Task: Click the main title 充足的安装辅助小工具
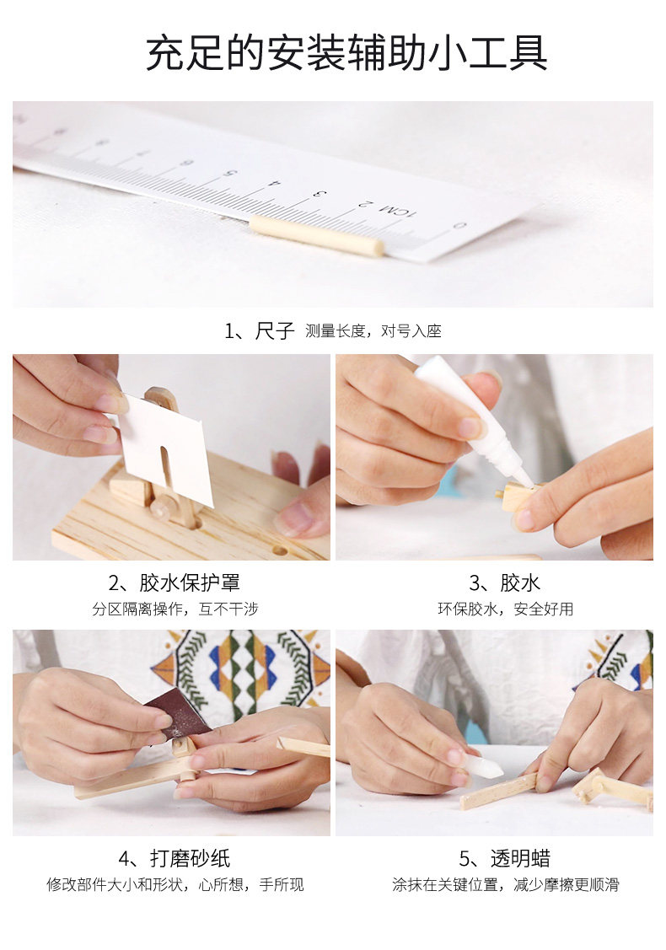pyautogui.click(x=346, y=53)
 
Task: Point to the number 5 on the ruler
pyautogui.click(x=229, y=174)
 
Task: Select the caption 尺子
pyautogui.click(x=275, y=330)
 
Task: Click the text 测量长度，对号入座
pyautogui.click(x=373, y=330)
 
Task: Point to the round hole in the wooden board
pyautogui.click(x=280, y=552)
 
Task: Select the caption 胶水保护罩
pyautogui.click(x=190, y=582)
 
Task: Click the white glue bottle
pyautogui.click(x=473, y=418)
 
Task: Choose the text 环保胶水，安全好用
pyautogui.click(x=506, y=609)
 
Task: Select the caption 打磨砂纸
pyautogui.click(x=191, y=858)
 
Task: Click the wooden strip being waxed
pyautogui.click(x=499, y=792)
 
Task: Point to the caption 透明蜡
pyautogui.click(x=520, y=858)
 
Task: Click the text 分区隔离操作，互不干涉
pyautogui.click(x=175, y=609)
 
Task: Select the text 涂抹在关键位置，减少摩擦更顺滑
pyautogui.click(x=506, y=884)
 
